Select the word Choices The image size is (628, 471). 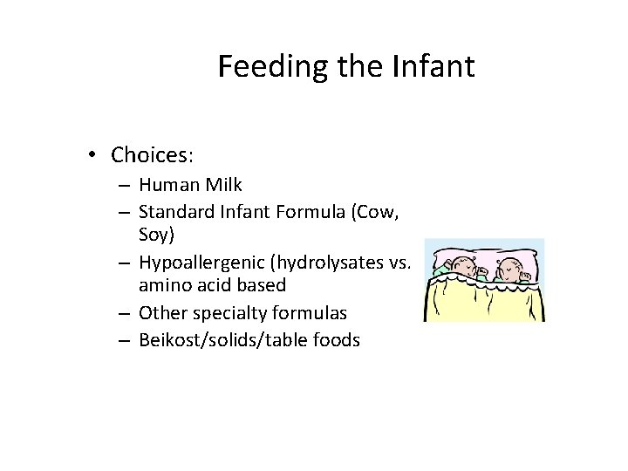151,155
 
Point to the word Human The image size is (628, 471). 167,185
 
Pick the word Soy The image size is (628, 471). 154,235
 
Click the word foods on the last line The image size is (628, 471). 336,339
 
